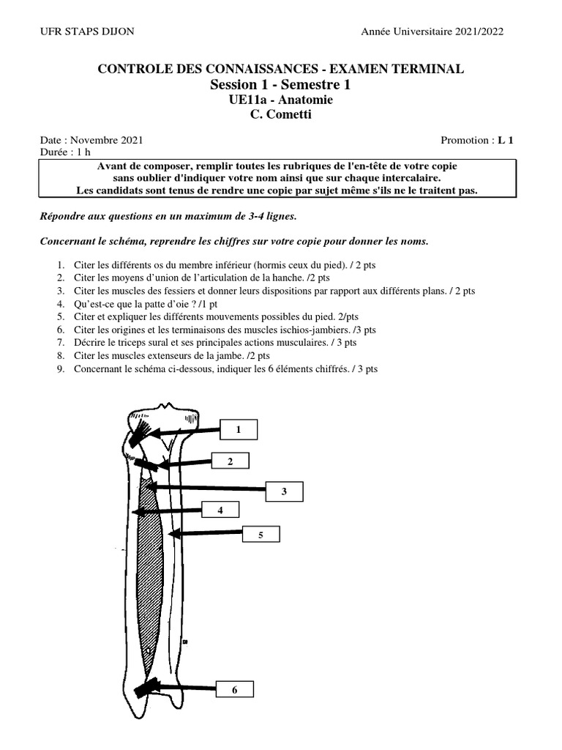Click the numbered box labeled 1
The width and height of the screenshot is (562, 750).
pyautogui.click(x=239, y=430)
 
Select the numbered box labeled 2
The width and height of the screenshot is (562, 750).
pyautogui.click(x=231, y=461)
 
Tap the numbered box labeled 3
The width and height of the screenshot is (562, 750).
pyautogui.click(x=284, y=491)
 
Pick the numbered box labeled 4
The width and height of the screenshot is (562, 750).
pyautogui.click(x=220, y=510)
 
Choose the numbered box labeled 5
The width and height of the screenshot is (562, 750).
pyautogui.click(x=260, y=536)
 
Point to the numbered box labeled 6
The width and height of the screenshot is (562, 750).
pyautogui.click(x=234, y=690)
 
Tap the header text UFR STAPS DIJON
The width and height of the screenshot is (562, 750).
pyautogui.click(x=86, y=31)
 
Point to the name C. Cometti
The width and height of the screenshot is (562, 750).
pyautogui.click(x=280, y=114)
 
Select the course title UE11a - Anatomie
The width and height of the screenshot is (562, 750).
pyautogui.click(x=280, y=100)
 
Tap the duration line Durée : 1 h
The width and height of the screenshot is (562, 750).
pyautogui.click(x=64, y=152)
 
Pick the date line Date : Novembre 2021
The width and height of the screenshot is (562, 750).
pyautogui.click(x=91, y=140)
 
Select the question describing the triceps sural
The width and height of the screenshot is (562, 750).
pyautogui.click(x=215, y=342)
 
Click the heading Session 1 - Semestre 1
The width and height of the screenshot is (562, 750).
pyautogui.click(x=280, y=85)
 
